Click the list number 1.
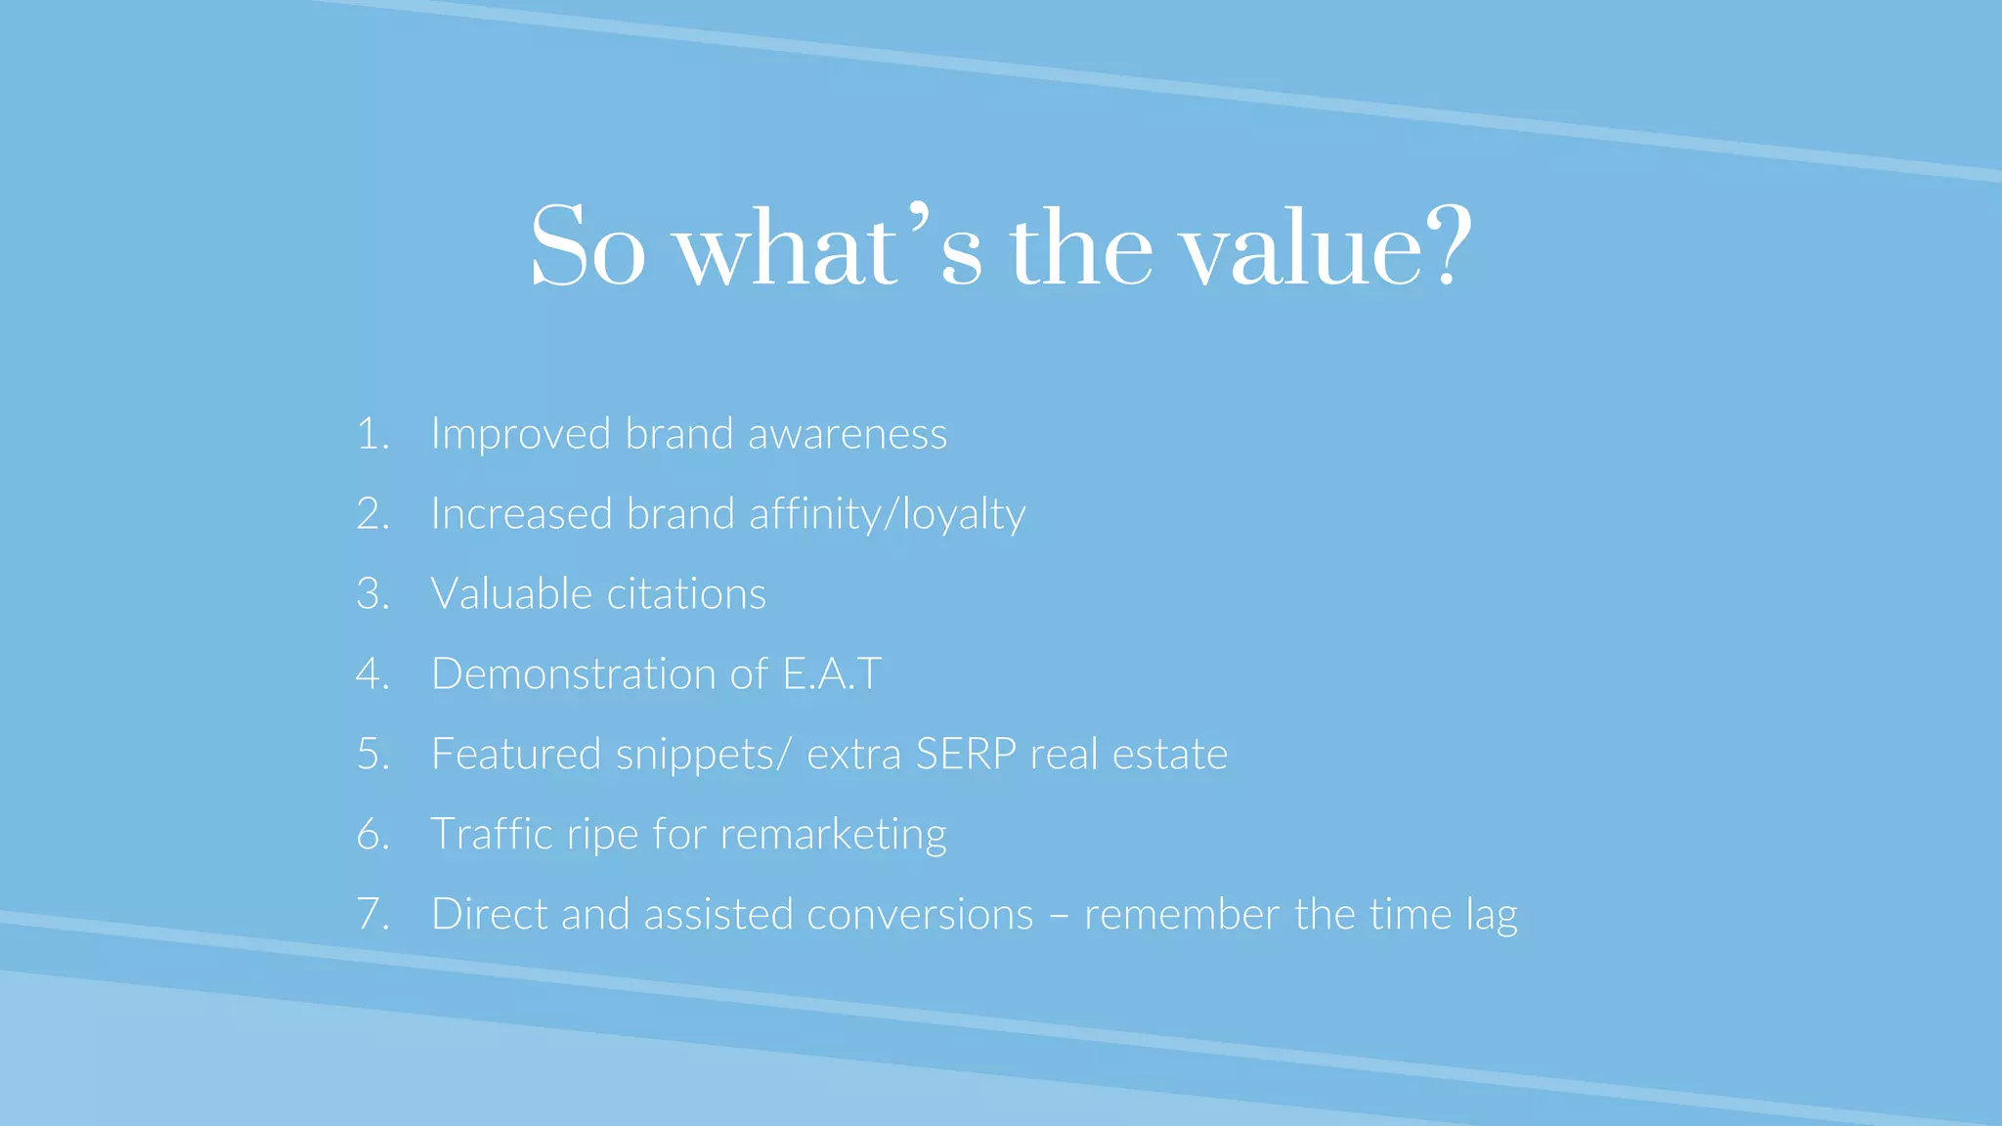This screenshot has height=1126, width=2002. pyautogui.click(x=371, y=434)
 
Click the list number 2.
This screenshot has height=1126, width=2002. pyautogui.click(x=371, y=514)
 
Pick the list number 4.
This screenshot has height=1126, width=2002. pyautogui.click(x=371, y=674)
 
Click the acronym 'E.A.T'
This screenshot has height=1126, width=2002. pyautogui.click(x=832, y=674)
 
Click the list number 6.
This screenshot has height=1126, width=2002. pyautogui.click(x=371, y=835)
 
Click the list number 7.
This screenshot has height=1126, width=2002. pyautogui.click(x=371, y=915)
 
